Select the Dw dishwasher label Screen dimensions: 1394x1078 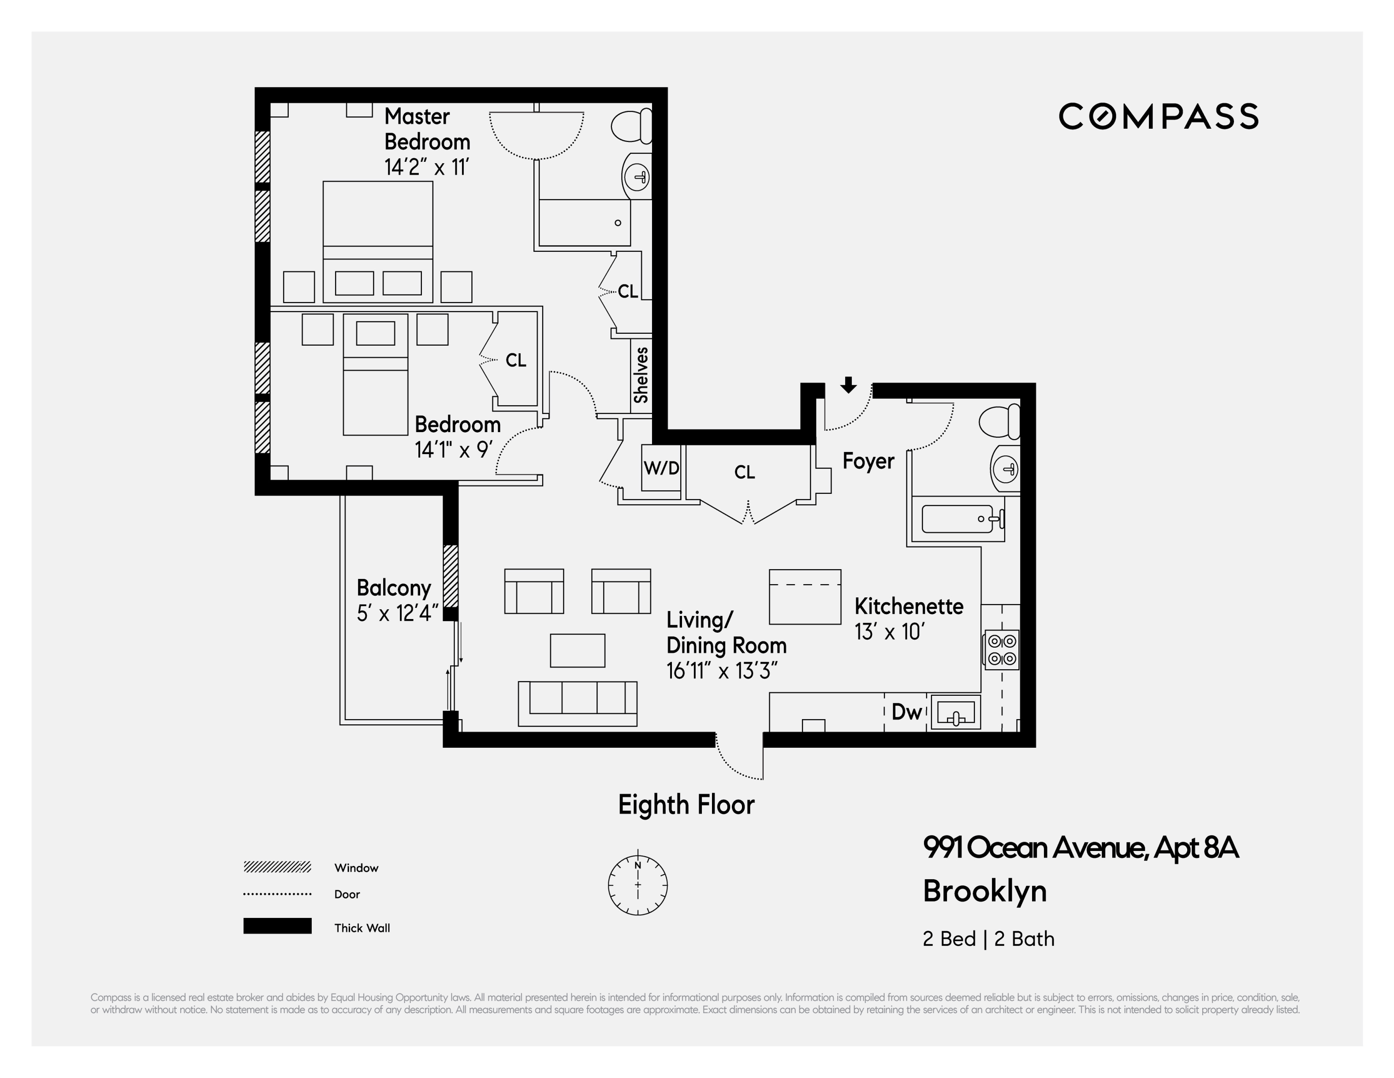906,712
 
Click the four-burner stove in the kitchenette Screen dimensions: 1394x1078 1002,650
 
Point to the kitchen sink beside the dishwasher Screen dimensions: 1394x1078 955,712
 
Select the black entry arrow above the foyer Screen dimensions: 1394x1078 848,385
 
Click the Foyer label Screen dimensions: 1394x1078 868,461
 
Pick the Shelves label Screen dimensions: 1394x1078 641,375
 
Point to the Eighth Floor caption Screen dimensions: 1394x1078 686,804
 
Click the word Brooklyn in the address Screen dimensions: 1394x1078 985,891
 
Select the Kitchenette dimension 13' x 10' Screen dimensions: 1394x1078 890,632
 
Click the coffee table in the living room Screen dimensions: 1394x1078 578,650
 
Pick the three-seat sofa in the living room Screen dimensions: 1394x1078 578,703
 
